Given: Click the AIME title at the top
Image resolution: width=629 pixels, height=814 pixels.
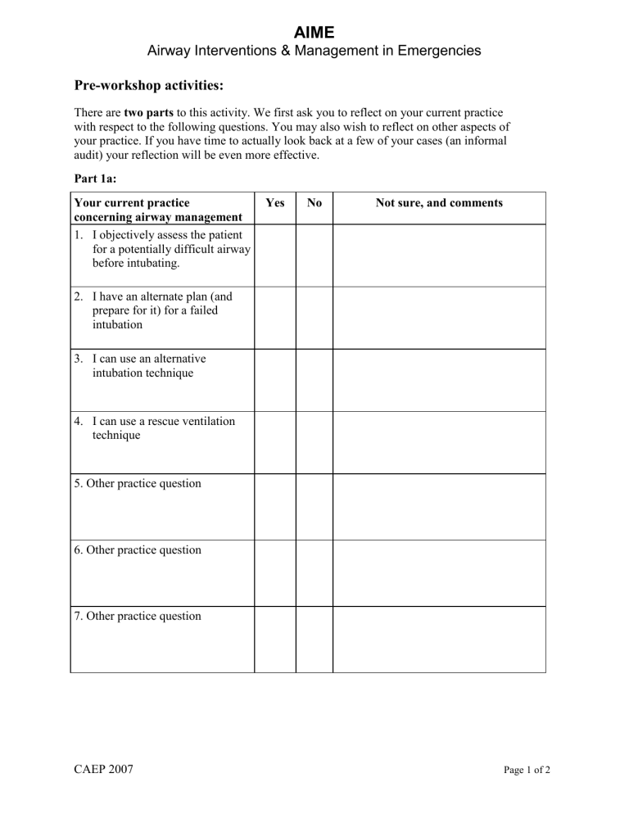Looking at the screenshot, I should point(314,31).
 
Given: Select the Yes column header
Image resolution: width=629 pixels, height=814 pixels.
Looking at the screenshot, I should point(274,202).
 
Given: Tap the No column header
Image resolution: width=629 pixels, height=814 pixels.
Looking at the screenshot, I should point(314,202).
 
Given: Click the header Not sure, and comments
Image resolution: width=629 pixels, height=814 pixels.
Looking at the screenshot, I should point(439,202).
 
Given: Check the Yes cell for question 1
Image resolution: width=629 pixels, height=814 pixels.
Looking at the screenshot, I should point(274,256).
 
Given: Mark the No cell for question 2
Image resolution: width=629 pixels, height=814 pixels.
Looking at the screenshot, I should point(314,318).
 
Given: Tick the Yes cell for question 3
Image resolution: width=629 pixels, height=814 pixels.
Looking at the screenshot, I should point(274,380).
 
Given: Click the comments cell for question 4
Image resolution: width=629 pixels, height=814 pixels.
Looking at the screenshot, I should point(439,442).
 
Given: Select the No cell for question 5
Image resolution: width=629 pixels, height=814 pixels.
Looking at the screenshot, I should point(314,507).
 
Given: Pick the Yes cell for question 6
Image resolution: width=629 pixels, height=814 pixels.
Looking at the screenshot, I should point(274,573).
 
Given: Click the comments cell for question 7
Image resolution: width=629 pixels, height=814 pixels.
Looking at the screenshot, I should point(439,640).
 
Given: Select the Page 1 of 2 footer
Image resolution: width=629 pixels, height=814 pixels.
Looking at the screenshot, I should point(526,770).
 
